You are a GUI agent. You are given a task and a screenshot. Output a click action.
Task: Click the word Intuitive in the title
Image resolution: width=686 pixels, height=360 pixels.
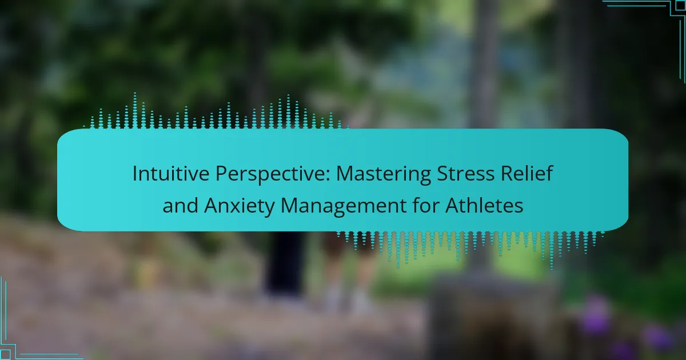[171, 173]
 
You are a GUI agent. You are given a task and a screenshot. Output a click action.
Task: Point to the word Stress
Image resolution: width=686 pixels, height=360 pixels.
[465, 173]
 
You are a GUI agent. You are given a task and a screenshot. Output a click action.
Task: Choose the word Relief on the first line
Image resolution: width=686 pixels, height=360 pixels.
[527, 173]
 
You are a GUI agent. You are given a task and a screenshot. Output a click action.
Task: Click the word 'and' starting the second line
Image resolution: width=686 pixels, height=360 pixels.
[180, 205]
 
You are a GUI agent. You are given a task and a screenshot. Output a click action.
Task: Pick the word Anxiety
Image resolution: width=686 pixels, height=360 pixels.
[240, 206]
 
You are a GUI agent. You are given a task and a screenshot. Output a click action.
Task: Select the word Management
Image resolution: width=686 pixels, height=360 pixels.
[344, 206]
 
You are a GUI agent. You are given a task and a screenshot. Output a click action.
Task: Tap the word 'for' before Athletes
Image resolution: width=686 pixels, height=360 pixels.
[425, 205]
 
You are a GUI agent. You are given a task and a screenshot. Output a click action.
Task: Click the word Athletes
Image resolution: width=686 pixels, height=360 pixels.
[484, 205]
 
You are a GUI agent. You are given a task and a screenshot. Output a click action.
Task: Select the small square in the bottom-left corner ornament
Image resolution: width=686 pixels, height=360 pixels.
[5, 354]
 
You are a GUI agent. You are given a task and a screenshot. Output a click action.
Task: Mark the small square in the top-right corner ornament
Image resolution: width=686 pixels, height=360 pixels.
[680, 5]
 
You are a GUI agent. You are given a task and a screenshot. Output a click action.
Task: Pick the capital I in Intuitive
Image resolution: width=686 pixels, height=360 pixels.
[135, 174]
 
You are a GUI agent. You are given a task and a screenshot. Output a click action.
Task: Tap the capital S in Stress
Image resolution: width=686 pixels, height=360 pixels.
[442, 174]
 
